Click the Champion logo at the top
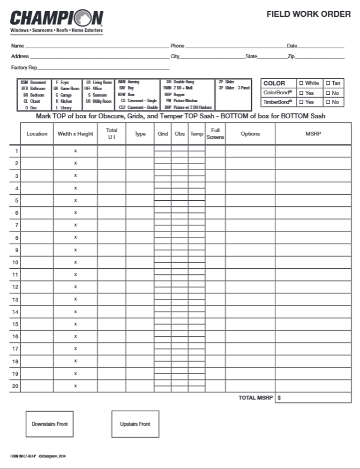click(x=56, y=21)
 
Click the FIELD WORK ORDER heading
click(x=308, y=14)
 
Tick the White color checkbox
click(x=301, y=83)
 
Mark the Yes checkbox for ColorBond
click(x=301, y=93)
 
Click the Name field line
click(x=96, y=46)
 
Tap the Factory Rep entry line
click(x=103, y=68)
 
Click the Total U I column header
click(x=112, y=134)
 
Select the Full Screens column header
click(x=215, y=134)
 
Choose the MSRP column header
click(x=313, y=134)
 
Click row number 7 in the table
click(x=17, y=225)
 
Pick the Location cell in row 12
click(x=37, y=287)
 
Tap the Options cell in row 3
click(x=250, y=176)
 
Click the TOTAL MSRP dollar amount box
click(x=313, y=398)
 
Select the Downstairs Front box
click(x=50, y=424)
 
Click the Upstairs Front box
click(x=135, y=424)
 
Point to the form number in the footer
click(x=23, y=456)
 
